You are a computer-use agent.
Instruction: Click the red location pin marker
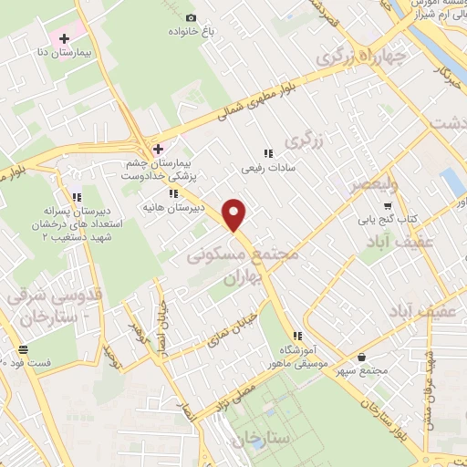[235, 213]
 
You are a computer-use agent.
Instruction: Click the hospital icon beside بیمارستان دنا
[64, 38]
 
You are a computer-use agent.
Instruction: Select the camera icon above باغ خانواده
[191, 17]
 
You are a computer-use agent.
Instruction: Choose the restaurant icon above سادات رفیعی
[267, 153]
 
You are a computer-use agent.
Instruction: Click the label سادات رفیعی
[264, 169]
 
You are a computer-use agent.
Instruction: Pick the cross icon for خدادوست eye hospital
[158, 149]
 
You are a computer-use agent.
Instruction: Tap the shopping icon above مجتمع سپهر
[363, 357]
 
